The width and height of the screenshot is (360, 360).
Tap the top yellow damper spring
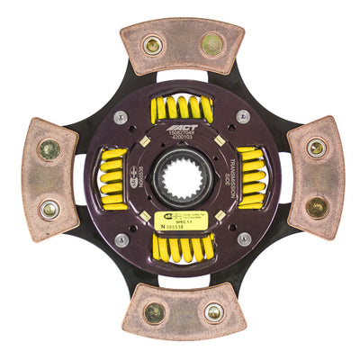pos(182,110)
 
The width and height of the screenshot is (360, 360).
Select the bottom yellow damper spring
pos(182,246)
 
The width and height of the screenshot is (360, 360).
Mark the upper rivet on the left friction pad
pos(49,149)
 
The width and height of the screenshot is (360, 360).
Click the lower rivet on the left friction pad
pos(49,208)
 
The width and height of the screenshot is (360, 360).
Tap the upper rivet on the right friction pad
pos(316,148)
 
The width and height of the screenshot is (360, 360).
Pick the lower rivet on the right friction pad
pos(317,206)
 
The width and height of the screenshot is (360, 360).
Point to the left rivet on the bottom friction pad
pos(155,312)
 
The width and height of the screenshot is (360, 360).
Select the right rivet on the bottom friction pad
pos(213,312)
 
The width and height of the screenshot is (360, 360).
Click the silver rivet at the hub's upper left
pos(121,116)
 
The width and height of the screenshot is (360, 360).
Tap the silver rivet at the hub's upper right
pos(243,116)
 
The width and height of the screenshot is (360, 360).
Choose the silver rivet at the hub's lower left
pos(121,238)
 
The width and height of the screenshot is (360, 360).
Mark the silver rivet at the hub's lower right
pos(243,238)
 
